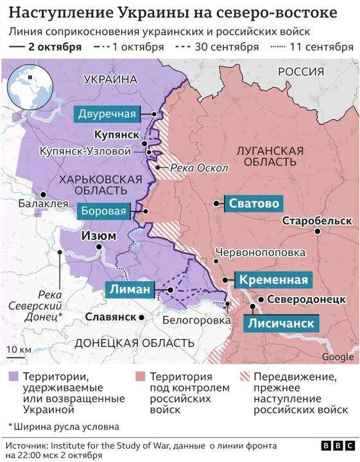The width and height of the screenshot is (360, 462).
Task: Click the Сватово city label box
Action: pos(253,203)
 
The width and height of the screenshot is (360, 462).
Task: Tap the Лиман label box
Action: pos(130,290)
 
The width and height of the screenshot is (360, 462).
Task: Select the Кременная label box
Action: pos(273,280)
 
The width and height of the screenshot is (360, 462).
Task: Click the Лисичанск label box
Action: pos(281,323)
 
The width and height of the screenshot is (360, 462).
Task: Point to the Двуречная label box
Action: pos(107,114)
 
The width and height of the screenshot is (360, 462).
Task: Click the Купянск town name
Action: pos(116,135)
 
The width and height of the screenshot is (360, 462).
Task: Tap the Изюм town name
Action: pos(98,235)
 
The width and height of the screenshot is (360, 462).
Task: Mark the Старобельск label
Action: pos(316,221)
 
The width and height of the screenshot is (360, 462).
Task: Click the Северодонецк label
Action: pos(307,300)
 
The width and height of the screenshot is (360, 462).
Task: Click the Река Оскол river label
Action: pos(199,168)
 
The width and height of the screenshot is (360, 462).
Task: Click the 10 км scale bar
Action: pos(18,355)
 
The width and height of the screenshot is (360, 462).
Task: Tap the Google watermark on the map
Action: pos(337,357)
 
